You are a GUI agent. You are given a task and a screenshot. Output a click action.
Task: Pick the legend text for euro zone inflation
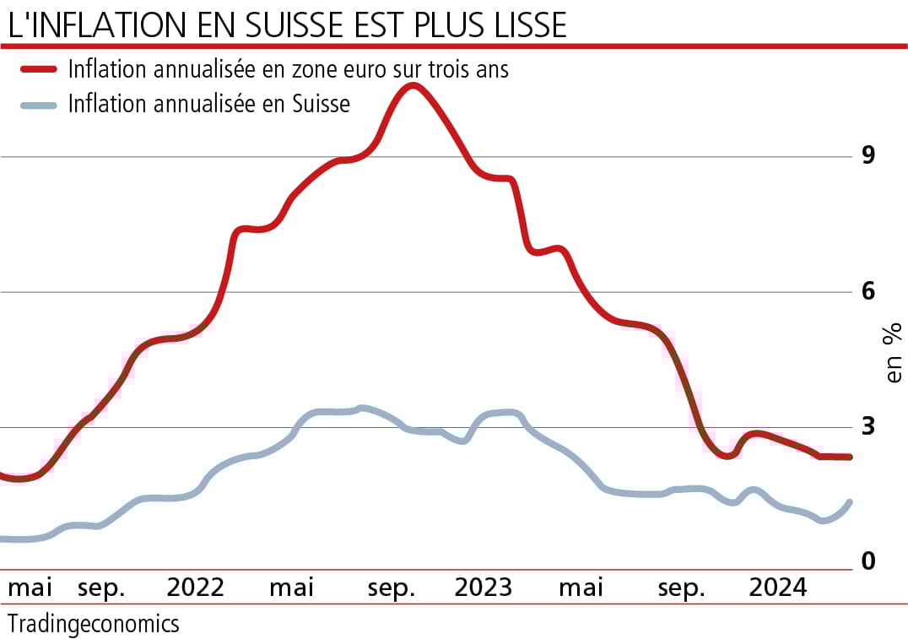coord(289,69)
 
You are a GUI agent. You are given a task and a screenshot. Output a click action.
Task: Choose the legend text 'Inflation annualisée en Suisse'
coord(208,105)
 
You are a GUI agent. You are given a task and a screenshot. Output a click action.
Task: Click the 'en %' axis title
coord(893,352)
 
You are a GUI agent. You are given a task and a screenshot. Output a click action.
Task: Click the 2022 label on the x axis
coord(195,588)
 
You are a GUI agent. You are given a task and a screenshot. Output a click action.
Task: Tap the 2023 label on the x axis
coord(483,588)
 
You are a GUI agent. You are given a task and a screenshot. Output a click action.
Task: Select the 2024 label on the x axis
coord(779,588)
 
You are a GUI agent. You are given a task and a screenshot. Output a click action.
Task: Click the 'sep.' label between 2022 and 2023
coord(391,588)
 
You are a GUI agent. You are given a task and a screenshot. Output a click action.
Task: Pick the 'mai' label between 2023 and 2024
coord(581,588)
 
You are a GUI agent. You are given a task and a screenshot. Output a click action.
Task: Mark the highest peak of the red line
coord(411,85)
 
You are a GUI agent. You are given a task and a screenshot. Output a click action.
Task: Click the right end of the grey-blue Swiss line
coord(849,502)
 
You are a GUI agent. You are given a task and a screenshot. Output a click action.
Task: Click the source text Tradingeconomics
coord(93,624)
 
